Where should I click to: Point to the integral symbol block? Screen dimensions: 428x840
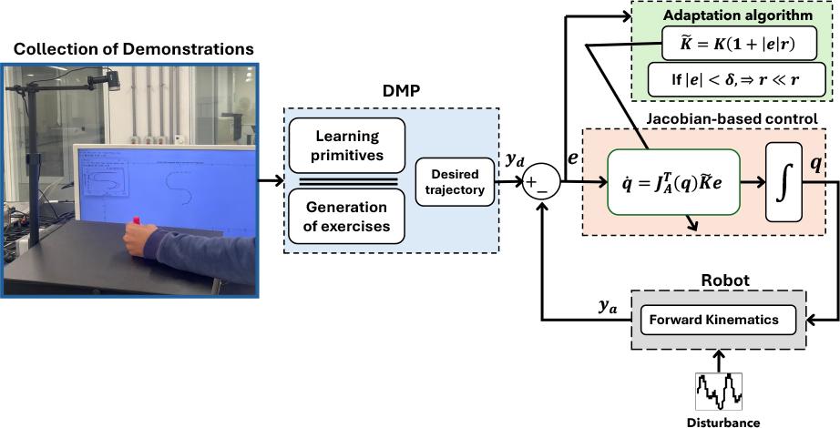784,182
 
